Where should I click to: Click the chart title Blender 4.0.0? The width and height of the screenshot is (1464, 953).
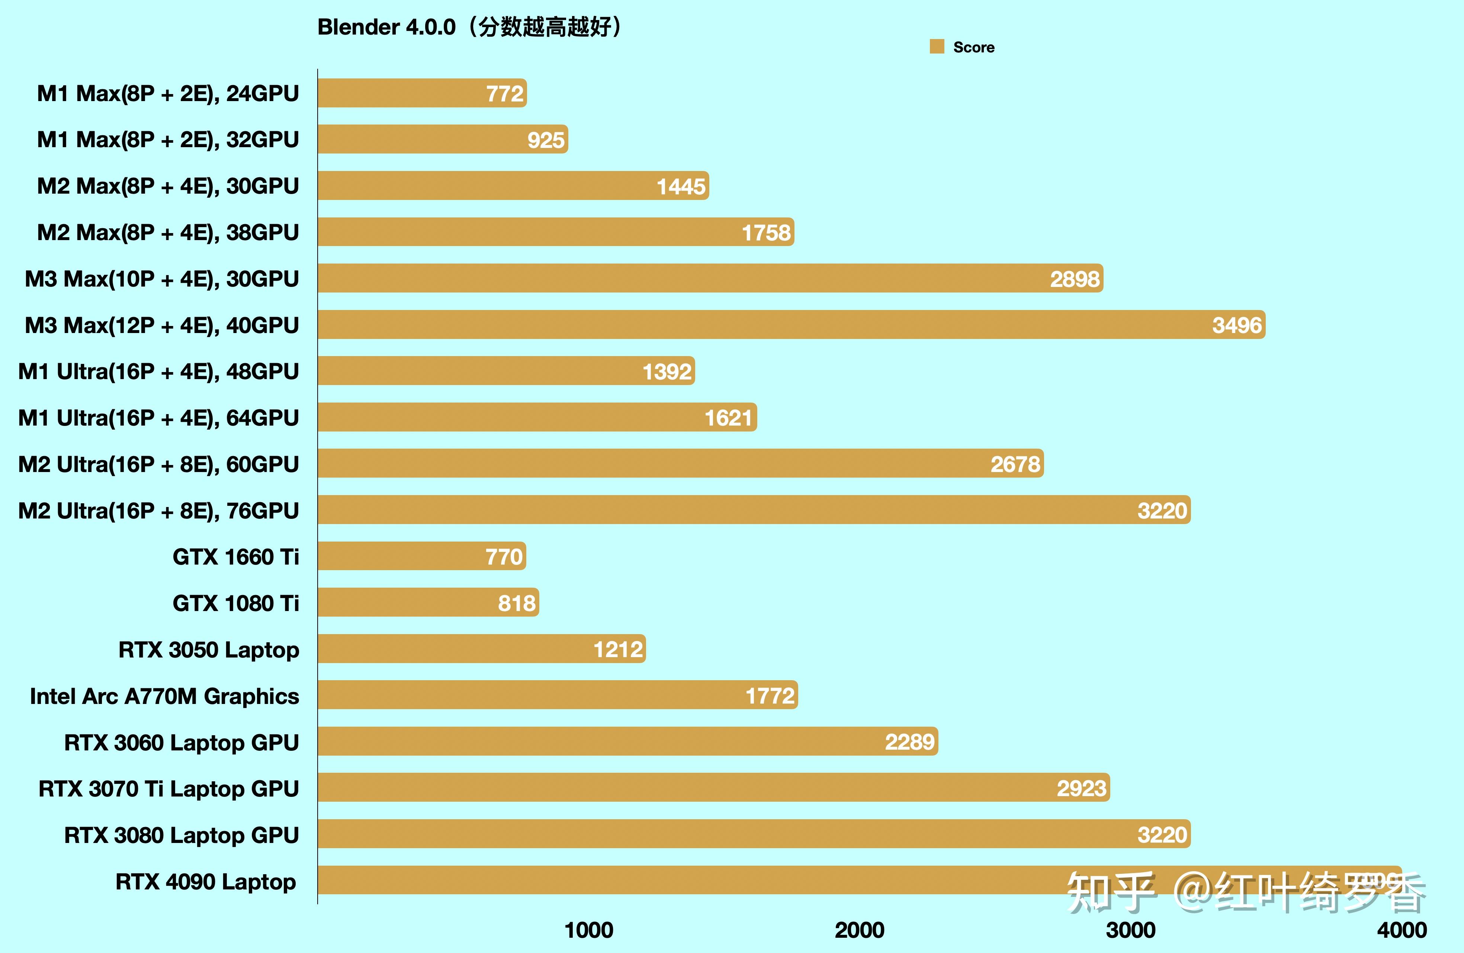pos(386,27)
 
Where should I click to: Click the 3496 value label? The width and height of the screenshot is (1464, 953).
pos(1236,325)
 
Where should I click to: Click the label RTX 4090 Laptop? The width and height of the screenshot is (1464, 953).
pos(205,882)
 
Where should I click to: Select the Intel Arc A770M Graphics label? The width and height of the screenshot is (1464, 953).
pos(164,696)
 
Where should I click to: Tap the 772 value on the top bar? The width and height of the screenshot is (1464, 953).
pos(504,94)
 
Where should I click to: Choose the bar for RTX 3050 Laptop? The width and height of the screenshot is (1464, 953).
pos(481,649)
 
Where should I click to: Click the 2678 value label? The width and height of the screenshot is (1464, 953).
pos(1015,464)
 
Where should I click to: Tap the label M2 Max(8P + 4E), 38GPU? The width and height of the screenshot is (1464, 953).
pos(168,232)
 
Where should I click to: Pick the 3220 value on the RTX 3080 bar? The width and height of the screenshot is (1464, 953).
pos(1162,835)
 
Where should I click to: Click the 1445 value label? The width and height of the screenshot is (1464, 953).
pos(681,186)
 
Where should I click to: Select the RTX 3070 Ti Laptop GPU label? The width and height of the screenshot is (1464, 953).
pos(168,789)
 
